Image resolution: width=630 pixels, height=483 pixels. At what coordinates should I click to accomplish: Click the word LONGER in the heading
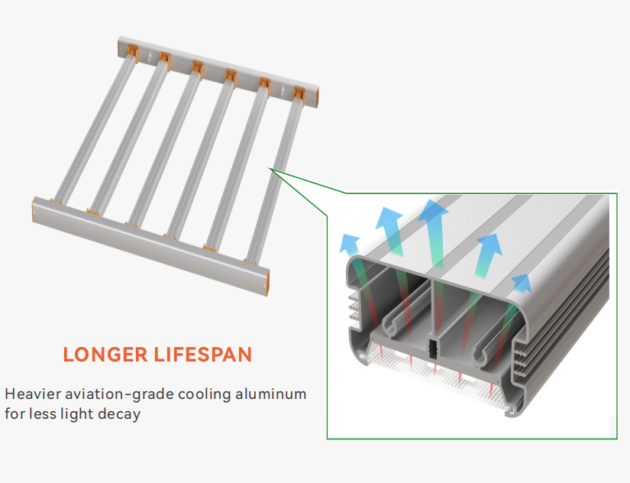pyautogui.click(x=105, y=355)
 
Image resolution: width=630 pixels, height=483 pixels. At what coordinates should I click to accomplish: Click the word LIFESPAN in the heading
pyautogui.click(x=203, y=355)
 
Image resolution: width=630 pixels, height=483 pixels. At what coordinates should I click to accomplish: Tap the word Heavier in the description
pyautogui.click(x=33, y=394)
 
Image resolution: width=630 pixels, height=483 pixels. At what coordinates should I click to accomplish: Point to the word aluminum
pyautogui.click(x=271, y=394)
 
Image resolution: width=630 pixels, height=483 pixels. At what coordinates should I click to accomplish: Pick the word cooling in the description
pyautogui.click(x=205, y=394)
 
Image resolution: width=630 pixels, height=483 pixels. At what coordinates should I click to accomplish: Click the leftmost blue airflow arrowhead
pyautogui.click(x=349, y=244)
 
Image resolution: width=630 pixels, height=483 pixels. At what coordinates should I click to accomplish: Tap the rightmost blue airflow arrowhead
pyautogui.click(x=522, y=283)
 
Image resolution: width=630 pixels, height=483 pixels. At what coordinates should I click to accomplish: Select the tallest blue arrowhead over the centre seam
pyautogui.click(x=433, y=211)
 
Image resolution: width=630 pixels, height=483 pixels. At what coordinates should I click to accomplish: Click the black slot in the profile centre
pyautogui.click(x=433, y=348)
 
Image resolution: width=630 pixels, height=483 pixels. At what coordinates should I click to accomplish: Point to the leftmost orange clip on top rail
pyautogui.click(x=133, y=52)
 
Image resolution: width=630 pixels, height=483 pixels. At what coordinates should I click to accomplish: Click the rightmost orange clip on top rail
pyautogui.click(x=299, y=94)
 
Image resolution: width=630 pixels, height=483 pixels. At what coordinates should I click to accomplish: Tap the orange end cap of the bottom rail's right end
pyautogui.click(x=267, y=283)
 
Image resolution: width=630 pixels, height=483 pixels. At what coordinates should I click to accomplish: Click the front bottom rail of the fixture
pyautogui.click(x=150, y=246)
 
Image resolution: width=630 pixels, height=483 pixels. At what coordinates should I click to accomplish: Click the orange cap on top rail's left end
pyautogui.click(x=120, y=47)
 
